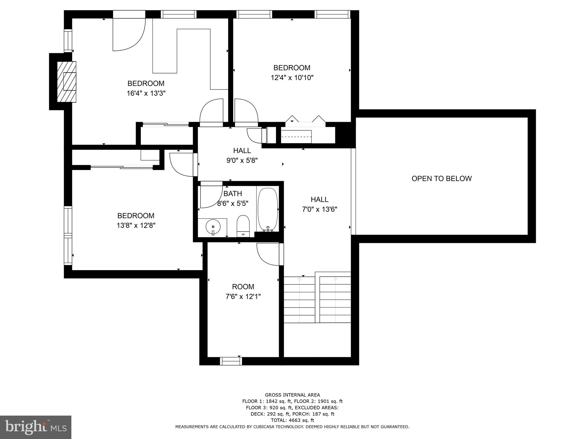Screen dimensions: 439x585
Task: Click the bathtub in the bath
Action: pos(268,209)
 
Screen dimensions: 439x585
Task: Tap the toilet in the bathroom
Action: pos(243,226)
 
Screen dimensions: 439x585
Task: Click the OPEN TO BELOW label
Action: pos(441,179)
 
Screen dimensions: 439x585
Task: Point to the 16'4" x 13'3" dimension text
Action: pos(146,93)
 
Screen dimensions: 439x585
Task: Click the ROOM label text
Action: pos(243,287)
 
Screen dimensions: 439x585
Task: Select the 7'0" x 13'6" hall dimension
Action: pos(319,209)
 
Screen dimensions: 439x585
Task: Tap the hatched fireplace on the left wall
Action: pos(67,81)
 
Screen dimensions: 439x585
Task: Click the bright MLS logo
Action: pos(35,427)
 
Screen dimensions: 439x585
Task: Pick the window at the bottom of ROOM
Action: pos(231,361)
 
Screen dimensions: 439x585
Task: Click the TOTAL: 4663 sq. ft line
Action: pos(292,420)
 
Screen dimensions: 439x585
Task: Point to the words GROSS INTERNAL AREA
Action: pos(292,395)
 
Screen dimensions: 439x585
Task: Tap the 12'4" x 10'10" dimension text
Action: pos(292,78)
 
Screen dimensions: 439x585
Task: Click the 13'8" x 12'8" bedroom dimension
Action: pos(136,226)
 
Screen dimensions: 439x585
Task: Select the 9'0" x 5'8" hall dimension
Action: pos(242,161)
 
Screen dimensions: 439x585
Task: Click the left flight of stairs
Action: pos(299,300)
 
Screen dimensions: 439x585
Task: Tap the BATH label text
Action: pos(233,194)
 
